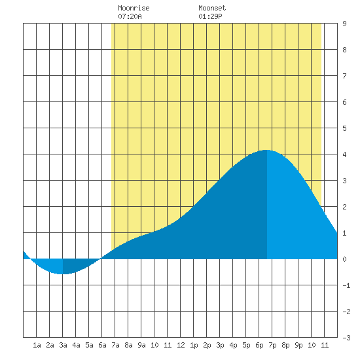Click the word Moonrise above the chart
(134, 8)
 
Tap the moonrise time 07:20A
(130, 16)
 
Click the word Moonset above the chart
(212, 8)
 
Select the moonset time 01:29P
(210, 16)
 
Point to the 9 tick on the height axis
(344, 24)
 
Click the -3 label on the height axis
(346, 338)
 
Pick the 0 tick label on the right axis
(344, 259)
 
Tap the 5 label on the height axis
(344, 128)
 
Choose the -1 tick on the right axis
(346, 285)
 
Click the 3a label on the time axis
(63, 345)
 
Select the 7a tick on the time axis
(115, 345)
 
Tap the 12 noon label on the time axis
(181, 345)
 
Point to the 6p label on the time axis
(259, 345)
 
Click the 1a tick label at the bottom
(37, 345)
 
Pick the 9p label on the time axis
(298, 345)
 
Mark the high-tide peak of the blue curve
(266, 150)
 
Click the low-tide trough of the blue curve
(62, 274)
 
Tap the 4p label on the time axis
(233, 345)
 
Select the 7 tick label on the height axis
(344, 76)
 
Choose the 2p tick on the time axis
(207, 345)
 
